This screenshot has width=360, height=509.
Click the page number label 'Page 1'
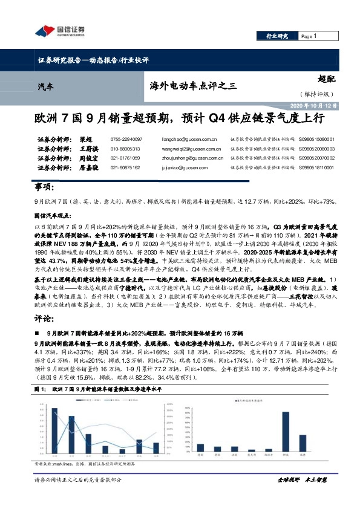(x=309, y=37)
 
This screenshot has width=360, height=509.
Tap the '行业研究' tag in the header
(x=278, y=37)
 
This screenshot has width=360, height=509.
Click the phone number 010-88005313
(x=126, y=149)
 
